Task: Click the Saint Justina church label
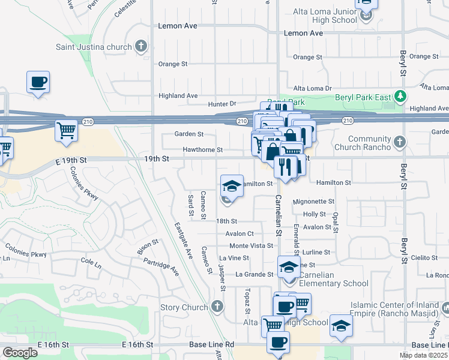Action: point(94,46)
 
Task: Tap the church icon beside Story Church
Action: point(217,307)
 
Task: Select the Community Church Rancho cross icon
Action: point(399,143)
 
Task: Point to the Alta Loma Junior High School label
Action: point(325,16)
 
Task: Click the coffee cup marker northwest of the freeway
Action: point(38,82)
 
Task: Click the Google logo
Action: point(20,352)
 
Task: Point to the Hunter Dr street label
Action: point(222,104)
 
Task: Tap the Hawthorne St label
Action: point(202,150)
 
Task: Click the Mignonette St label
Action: point(315,202)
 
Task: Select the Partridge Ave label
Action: point(161,266)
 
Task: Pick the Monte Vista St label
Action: point(251,246)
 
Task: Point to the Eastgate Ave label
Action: point(183,241)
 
